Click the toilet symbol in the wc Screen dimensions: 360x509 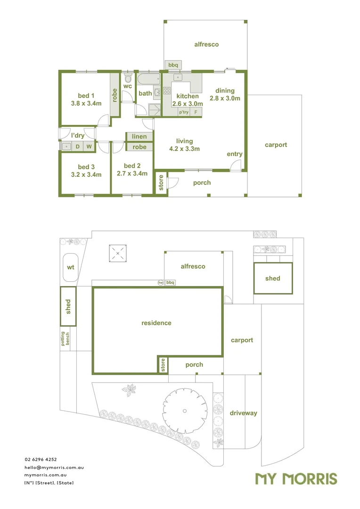pyautogui.click(x=128, y=78)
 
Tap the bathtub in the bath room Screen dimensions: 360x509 pyautogui.click(x=148, y=79)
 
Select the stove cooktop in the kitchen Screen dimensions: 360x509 pyautogui.click(x=166, y=90)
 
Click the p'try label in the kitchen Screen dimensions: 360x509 pyautogui.click(x=184, y=112)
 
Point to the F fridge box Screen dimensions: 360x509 pyautogui.click(x=196, y=112)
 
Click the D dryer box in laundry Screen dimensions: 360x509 pyautogui.click(x=77, y=147)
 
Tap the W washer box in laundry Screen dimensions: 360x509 pyautogui.click(x=89, y=147)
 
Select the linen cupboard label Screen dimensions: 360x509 pyautogui.click(x=139, y=137)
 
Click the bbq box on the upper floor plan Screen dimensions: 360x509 pyautogui.click(x=173, y=65)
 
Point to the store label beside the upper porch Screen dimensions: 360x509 pyautogui.click(x=161, y=182)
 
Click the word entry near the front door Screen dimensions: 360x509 pyautogui.click(x=234, y=154)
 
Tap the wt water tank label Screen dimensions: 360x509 pyautogui.click(x=70, y=268)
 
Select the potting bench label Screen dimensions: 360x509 pyautogui.click(x=65, y=338)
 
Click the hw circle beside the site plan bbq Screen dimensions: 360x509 pyautogui.click(x=160, y=282)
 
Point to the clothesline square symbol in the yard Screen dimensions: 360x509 pyautogui.click(x=117, y=254)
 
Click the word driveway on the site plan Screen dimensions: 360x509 pyautogui.click(x=244, y=413)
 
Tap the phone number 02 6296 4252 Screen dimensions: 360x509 pyautogui.click(x=41, y=460)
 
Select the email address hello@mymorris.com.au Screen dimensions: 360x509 pyautogui.click(x=54, y=468)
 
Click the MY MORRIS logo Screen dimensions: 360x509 pyautogui.click(x=296, y=479)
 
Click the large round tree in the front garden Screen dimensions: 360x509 pyautogui.click(x=185, y=411)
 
